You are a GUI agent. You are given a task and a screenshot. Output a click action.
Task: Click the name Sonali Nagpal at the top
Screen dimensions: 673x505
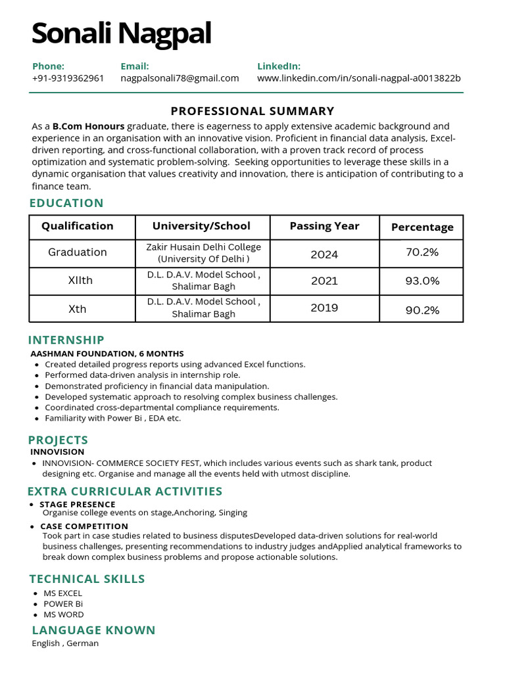click(121, 34)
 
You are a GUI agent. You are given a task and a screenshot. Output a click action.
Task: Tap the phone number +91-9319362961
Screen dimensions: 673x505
click(68, 78)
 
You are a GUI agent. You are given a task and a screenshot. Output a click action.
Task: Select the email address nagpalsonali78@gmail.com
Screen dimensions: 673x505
click(180, 78)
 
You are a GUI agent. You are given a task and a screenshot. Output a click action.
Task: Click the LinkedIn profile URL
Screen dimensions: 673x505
click(358, 78)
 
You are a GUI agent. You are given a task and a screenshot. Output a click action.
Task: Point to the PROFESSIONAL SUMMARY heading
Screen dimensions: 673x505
click(252, 111)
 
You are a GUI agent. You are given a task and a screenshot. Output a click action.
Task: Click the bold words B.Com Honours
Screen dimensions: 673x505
click(88, 126)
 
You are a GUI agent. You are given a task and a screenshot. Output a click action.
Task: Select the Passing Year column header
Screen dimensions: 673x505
click(324, 226)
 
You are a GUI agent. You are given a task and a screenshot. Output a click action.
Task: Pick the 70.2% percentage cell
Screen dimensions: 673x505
click(421, 252)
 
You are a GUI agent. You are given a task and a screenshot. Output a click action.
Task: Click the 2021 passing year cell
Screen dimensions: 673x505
click(324, 281)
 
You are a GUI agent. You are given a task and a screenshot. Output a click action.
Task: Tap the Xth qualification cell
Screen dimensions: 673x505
click(78, 309)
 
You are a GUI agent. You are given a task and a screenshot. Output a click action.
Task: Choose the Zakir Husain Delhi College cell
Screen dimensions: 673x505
click(203, 253)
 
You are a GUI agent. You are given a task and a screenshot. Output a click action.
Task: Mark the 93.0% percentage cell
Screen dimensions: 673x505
click(421, 281)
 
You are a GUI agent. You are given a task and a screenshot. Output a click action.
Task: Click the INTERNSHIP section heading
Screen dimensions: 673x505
click(66, 340)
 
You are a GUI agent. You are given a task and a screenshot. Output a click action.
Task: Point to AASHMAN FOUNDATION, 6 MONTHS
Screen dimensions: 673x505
click(107, 354)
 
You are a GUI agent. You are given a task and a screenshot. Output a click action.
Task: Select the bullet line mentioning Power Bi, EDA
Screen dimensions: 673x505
click(112, 418)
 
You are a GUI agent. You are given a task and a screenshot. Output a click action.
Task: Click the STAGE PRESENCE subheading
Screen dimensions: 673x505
click(77, 505)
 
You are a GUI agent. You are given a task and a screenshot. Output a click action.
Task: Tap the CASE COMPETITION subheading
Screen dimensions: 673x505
click(84, 526)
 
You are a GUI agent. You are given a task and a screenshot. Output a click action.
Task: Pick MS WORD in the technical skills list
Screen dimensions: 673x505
click(64, 615)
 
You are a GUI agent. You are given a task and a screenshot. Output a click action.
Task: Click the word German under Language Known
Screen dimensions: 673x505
click(83, 643)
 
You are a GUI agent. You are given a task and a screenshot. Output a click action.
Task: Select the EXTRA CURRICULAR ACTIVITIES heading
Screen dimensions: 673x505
click(125, 492)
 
